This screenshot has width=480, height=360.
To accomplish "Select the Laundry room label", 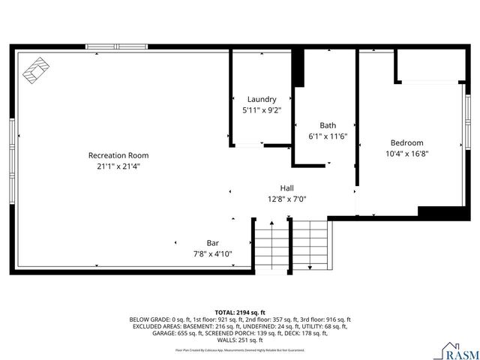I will tap(262, 99).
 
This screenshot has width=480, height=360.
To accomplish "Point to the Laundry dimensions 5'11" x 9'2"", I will tap(262, 110).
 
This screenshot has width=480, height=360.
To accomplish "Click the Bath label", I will tap(328, 125).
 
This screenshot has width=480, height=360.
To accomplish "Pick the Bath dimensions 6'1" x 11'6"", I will tap(328, 136).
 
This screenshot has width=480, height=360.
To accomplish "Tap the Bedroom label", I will tap(406, 142).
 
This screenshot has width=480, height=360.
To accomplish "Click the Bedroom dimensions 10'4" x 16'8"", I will tap(406, 154).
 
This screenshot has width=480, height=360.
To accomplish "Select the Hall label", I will tap(286, 187).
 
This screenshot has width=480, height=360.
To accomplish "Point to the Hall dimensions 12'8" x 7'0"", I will tap(286, 199).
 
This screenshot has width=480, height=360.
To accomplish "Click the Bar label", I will tap(213, 243).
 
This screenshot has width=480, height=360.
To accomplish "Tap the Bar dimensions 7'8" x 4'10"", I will tap(213, 254).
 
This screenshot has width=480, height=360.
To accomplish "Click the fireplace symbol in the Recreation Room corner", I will tap(35, 70).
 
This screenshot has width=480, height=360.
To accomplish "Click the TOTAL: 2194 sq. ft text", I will tap(240, 312).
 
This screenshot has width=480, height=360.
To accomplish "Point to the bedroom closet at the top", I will tap(427, 66).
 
